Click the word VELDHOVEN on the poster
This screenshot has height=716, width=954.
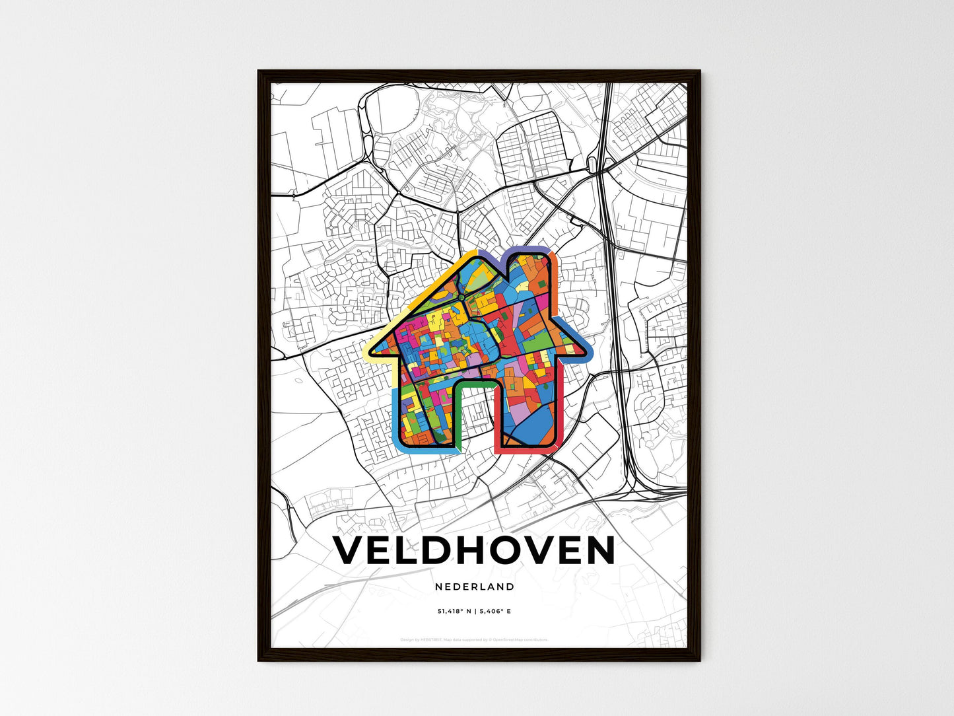point(474,551)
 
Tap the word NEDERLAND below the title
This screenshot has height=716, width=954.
point(475,587)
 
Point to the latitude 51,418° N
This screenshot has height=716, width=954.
point(454,612)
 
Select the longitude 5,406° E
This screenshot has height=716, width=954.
point(495,612)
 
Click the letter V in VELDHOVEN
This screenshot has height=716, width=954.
point(347,551)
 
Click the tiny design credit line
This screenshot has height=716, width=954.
point(474,639)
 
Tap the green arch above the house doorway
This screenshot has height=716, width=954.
point(474,382)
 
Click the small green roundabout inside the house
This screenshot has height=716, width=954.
point(460,298)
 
